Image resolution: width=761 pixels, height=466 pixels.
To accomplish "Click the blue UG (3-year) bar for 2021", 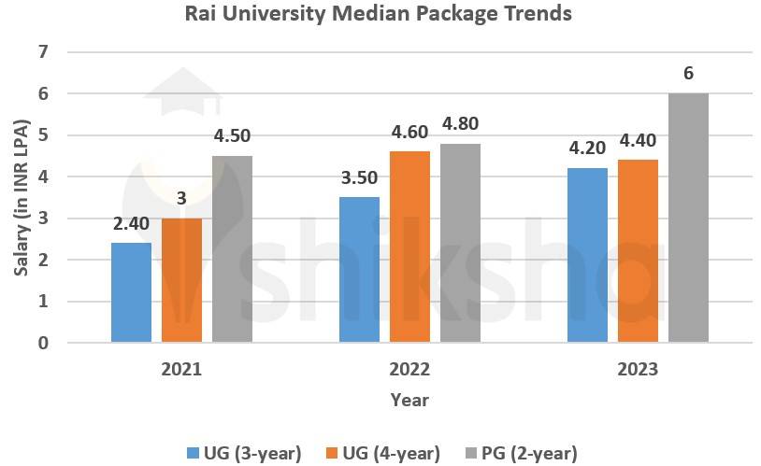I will [131, 292].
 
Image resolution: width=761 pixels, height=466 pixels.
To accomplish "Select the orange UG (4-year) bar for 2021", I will [181, 280].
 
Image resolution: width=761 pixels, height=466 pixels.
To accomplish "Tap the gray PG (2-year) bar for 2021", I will [232, 249].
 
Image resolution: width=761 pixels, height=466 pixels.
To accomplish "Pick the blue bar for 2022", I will [359, 270].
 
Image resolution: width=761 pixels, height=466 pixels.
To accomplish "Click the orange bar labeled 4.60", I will [409, 247].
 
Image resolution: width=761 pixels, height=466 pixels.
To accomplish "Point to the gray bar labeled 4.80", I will [460, 243].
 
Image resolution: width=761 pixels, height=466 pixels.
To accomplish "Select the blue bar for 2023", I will [587, 255].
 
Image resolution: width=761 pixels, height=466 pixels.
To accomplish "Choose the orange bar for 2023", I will [638, 251].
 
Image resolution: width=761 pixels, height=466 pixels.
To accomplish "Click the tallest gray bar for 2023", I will [688, 218].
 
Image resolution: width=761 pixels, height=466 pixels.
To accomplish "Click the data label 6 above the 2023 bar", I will [688, 73].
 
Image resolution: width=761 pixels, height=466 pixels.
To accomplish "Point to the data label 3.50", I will [359, 177].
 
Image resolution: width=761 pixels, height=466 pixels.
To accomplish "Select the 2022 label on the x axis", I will [409, 370].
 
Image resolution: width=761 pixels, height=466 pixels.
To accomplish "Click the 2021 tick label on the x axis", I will [181, 370].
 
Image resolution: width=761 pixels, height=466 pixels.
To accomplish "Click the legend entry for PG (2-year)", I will [521, 453].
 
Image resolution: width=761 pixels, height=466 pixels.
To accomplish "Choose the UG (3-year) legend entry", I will [244, 453].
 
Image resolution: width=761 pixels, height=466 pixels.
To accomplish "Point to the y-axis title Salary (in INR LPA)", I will [22, 197].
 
